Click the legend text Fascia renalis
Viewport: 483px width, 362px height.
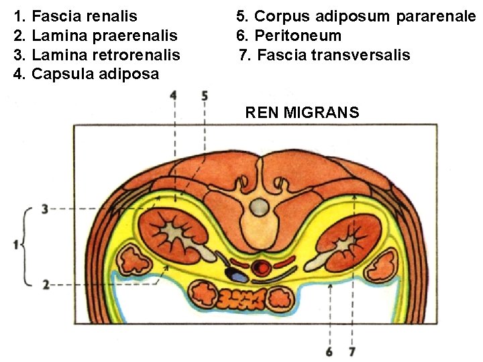(84, 15)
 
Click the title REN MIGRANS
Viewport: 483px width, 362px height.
(302, 112)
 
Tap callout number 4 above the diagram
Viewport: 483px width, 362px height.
(174, 96)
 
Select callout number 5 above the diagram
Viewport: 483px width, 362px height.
(205, 96)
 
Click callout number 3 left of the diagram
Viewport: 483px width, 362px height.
(44, 210)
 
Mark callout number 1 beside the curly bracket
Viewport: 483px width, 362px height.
(15, 246)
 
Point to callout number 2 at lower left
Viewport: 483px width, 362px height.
(44, 285)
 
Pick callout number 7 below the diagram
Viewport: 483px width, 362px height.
(353, 349)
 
